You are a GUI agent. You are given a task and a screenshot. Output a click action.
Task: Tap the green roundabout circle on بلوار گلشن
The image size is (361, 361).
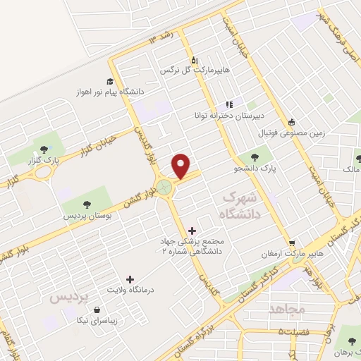pyautogui.click(x=164, y=188)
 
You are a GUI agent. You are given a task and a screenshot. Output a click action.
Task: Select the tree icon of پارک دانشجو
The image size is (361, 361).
pyautogui.click(x=255, y=157)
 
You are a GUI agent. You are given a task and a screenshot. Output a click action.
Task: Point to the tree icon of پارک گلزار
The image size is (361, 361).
pyautogui.click(x=44, y=148)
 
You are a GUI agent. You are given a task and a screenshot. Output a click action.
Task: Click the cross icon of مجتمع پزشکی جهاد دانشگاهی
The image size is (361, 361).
pyautogui.click(x=192, y=230)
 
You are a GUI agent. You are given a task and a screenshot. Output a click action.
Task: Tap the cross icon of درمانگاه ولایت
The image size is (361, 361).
pyautogui.click(x=128, y=279)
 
